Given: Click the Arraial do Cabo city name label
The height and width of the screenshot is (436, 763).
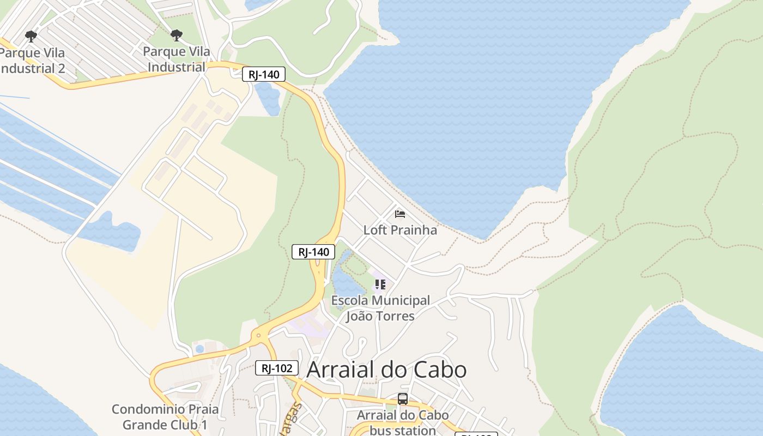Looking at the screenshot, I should click(386, 370).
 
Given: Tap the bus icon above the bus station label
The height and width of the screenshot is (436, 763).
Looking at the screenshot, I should click(403, 399).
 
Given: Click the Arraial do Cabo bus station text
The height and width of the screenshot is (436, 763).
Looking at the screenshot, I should click(402, 422).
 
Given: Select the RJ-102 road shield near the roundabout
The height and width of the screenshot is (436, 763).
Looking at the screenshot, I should click(277, 368).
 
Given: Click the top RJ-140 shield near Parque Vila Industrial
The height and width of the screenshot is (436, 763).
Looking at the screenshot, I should click(264, 75).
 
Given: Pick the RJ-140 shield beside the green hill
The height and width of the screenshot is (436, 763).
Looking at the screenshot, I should click(313, 252).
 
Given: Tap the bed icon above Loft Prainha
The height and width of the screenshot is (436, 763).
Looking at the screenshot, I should click(400, 214).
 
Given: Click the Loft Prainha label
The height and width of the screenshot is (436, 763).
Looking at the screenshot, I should click(400, 230).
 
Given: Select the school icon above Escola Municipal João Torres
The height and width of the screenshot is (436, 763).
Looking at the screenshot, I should click(380, 284).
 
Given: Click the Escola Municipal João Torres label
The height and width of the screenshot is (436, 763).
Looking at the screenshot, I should click(380, 308).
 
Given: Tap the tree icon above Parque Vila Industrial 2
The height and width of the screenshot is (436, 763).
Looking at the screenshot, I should click(31, 37).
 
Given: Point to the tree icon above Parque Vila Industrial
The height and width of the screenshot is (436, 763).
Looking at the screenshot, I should click(176, 36).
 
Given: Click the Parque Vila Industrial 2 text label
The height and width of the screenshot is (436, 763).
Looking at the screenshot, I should click(33, 60).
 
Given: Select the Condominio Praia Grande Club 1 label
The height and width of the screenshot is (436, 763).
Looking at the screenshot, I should click(165, 417).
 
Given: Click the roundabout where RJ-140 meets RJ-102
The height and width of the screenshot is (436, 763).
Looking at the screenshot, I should click(259, 335).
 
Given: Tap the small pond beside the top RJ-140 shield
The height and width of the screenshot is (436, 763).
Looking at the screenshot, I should click(268, 98).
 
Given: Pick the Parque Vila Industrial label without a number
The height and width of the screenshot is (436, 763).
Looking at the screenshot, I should click(176, 59).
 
